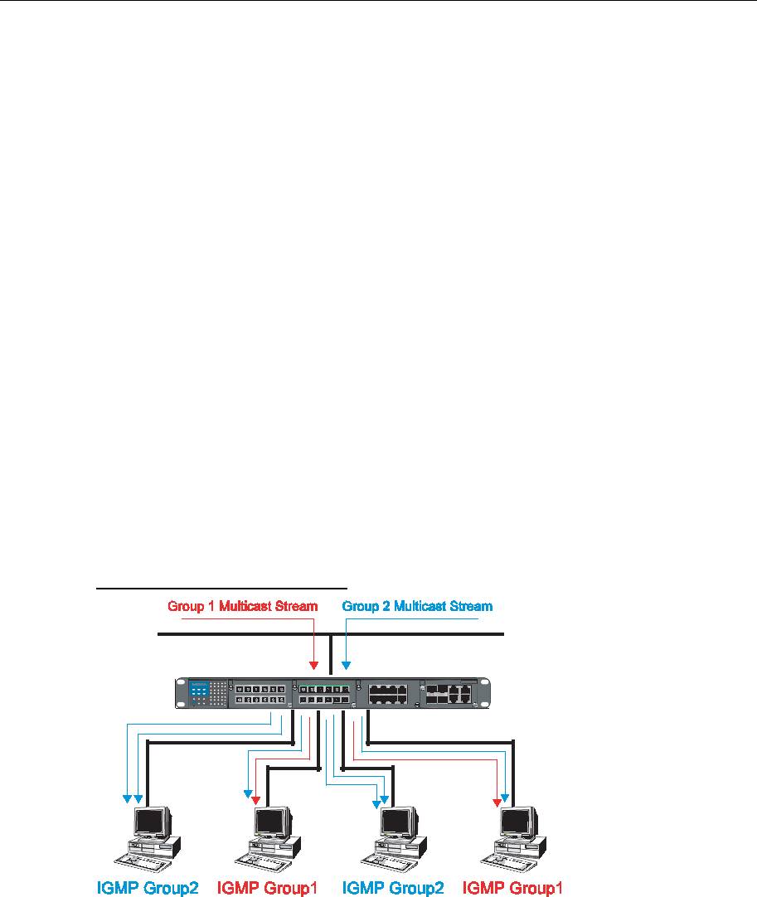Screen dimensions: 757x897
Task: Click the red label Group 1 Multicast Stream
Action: (x=242, y=606)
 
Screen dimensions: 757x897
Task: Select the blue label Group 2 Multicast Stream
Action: (x=417, y=606)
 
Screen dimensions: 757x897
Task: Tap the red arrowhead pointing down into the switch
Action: (x=313, y=665)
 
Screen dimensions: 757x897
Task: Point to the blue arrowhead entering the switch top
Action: (x=347, y=665)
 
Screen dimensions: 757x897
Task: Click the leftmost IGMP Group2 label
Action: (x=148, y=888)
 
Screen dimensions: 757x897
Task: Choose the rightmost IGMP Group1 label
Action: (x=512, y=888)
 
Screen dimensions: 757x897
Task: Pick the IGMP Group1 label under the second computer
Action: (x=267, y=888)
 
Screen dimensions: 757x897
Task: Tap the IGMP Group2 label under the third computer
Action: (x=392, y=888)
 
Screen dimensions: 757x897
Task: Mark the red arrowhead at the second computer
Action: (x=256, y=800)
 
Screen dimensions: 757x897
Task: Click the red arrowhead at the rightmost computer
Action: (x=497, y=802)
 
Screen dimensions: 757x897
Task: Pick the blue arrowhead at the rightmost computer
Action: (x=505, y=797)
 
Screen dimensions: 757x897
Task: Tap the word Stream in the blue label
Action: (x=473, y=606)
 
